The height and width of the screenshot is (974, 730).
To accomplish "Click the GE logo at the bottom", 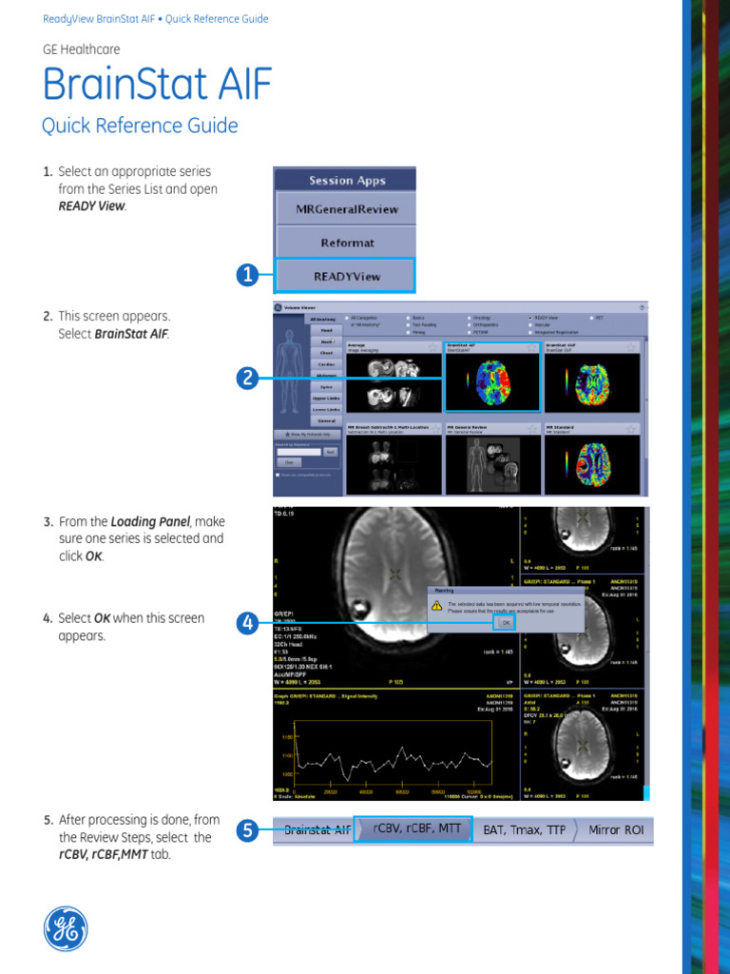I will (66, 928).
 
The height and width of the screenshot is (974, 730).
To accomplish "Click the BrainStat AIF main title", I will (157, 86).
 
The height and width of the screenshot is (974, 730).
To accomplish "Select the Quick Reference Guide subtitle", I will (140, 126).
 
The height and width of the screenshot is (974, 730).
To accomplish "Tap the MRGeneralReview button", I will (345, 208).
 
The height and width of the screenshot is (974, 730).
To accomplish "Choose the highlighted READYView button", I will (345, 276).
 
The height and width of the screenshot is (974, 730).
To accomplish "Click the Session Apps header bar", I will (345, 180).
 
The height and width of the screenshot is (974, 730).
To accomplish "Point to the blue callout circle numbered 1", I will (247, 276).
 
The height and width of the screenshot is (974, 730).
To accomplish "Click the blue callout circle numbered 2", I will (247, 378).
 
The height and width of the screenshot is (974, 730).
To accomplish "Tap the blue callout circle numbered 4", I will (247, 624).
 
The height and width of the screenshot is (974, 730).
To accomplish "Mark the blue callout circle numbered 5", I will (247, 830).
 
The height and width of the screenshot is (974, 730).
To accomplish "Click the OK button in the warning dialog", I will (506, 621).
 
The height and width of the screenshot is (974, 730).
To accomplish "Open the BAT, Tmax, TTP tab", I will (524, 830).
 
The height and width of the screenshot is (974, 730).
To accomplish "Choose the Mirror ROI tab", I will (616, 830).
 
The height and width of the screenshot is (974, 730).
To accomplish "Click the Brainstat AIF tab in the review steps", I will (317, 830).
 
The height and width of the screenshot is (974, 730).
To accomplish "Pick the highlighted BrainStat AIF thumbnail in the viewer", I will (492, 378).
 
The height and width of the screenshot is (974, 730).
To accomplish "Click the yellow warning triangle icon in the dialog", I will (437, 604).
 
